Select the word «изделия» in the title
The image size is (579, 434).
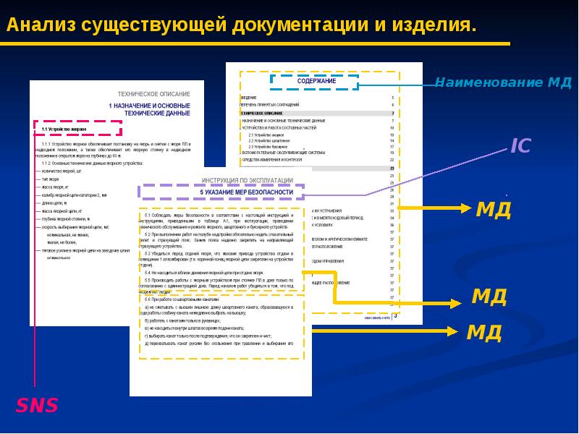pos(435,25)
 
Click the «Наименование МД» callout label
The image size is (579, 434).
pos(503,82)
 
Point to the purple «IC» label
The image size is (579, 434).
pos(520,145)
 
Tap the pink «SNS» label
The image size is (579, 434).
pos(38,405)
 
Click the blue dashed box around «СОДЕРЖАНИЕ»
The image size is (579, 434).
pos(315,81)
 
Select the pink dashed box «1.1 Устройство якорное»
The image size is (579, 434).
pos(77,128)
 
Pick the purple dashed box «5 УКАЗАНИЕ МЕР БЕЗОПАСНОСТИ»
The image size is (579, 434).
pos(221,192)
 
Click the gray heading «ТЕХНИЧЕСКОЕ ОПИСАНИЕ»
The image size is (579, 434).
pos(154,95)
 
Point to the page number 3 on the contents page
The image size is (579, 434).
pos(395,315)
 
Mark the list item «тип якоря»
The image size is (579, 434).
pos(50,178)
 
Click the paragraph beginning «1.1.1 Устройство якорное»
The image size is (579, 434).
pos(116,149)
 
